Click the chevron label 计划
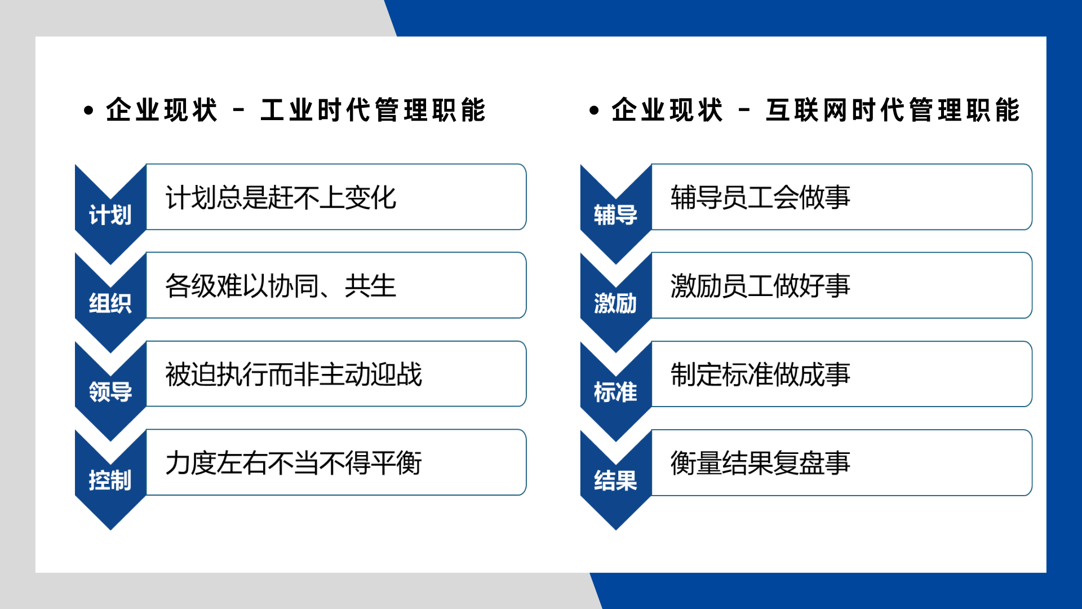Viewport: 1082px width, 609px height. (110, 215)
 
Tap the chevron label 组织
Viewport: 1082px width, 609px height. (110, 303)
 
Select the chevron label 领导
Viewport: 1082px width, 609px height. (110, 391)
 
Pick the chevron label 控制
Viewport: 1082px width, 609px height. (110, 480)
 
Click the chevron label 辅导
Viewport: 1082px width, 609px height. (615, 215)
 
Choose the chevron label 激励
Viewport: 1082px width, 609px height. (615, 303)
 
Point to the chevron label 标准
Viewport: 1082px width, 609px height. (615, 391)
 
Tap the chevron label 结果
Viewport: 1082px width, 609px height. (615, 480)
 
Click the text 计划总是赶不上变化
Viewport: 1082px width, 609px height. (281, 197)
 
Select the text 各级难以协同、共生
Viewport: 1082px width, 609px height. (281, 286)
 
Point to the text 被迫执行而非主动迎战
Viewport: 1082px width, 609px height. (294, 374)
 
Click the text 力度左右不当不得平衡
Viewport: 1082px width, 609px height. (294, 463)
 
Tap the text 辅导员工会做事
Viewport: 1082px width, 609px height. (760, 197)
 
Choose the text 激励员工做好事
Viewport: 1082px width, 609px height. (760, 286)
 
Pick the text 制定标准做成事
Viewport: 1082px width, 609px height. (760, 374)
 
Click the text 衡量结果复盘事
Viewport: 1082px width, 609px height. (760, 463)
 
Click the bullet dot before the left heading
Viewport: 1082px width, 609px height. (88, 110)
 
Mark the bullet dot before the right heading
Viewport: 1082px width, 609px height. (594, 110)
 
